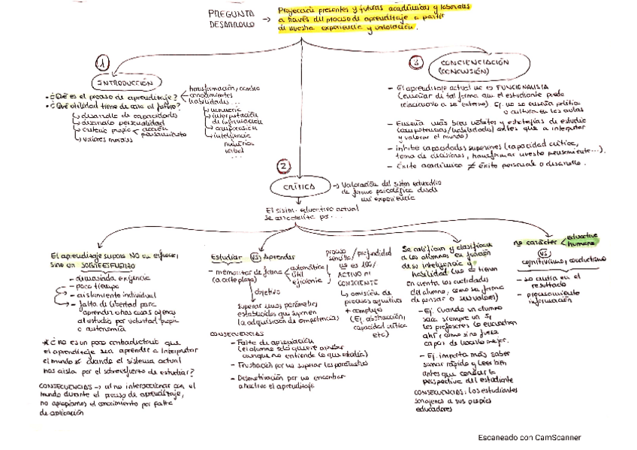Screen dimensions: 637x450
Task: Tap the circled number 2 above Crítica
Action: pos(282,165)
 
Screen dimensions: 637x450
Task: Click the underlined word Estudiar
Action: pos(225,255)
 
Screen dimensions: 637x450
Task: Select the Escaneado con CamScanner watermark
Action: pos(529,438)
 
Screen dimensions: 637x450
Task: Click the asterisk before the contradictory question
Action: pos(47,342)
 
